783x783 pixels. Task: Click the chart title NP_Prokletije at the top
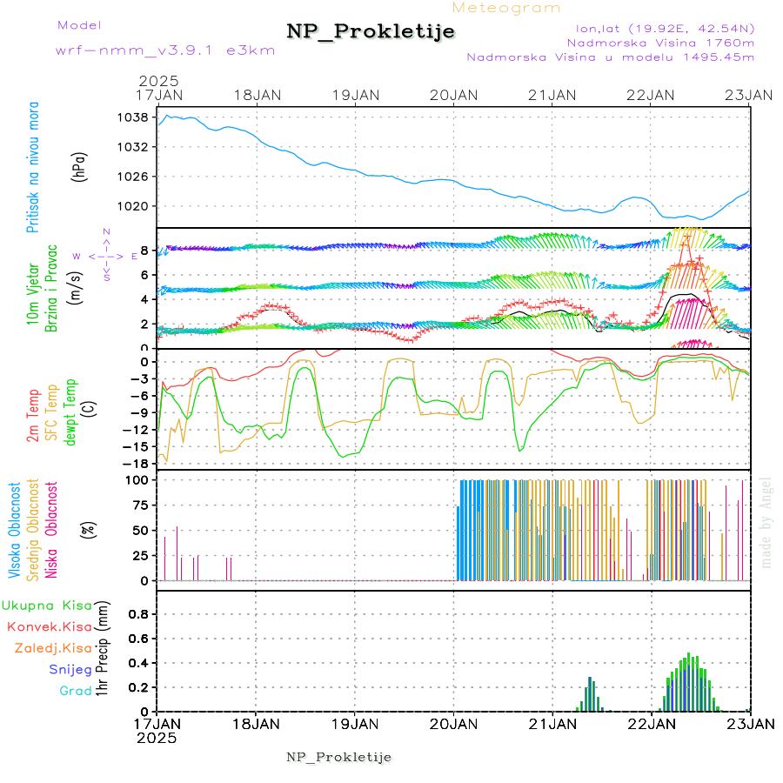[371, 31]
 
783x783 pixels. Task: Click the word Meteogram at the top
[506, 8]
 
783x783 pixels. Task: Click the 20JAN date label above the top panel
[454, 94]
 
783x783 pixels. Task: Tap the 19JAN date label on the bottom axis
[355, 723]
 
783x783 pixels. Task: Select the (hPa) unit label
[79, 166]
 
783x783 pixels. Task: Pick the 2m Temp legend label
[33, 416]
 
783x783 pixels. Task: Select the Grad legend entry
[76, 691]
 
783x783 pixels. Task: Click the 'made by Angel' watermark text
[766, 522]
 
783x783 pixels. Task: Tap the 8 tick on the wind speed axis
[144, 251]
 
